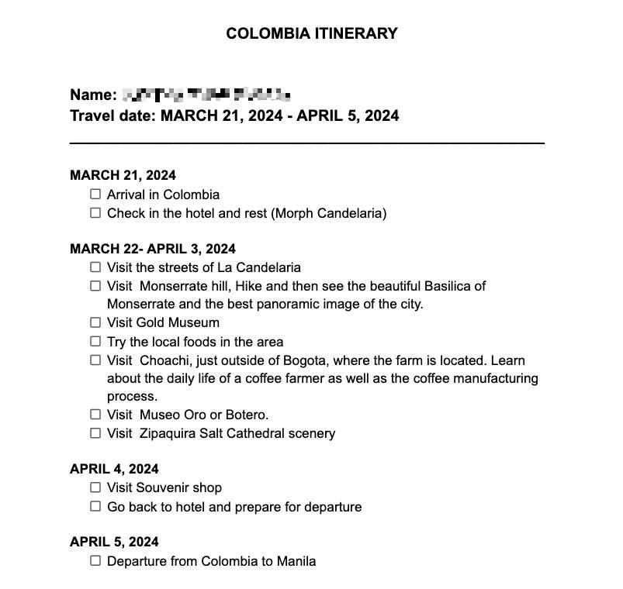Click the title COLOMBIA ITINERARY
pyautogui.click(x=311, y=33)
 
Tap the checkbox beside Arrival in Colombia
pyautogui.click(x=95, y=195)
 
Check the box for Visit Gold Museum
pyautogui.click(x=95, y=322)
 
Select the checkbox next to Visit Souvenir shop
pyautogui.click(x=95, y=487)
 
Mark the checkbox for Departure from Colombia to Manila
pyautogui.click(x=95, y=560)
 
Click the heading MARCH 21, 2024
pyautogui.click(x=123, y=175)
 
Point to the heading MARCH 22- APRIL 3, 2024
pyautogui.click(x=153, y=249)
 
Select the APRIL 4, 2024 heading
pyautogui.click(x=114, y=469)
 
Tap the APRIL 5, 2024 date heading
pyautogui.click(x=114, y=542)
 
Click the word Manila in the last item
pyautogui.click(x=296, y=561)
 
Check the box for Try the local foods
pyautogui.click(x=95, y=341)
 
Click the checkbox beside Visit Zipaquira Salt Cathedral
pyautogui.click(x=95, y=433)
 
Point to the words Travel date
pyautogui.click(x=112, y=116)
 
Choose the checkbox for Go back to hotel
pyautogui.click(x=95, y=506)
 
